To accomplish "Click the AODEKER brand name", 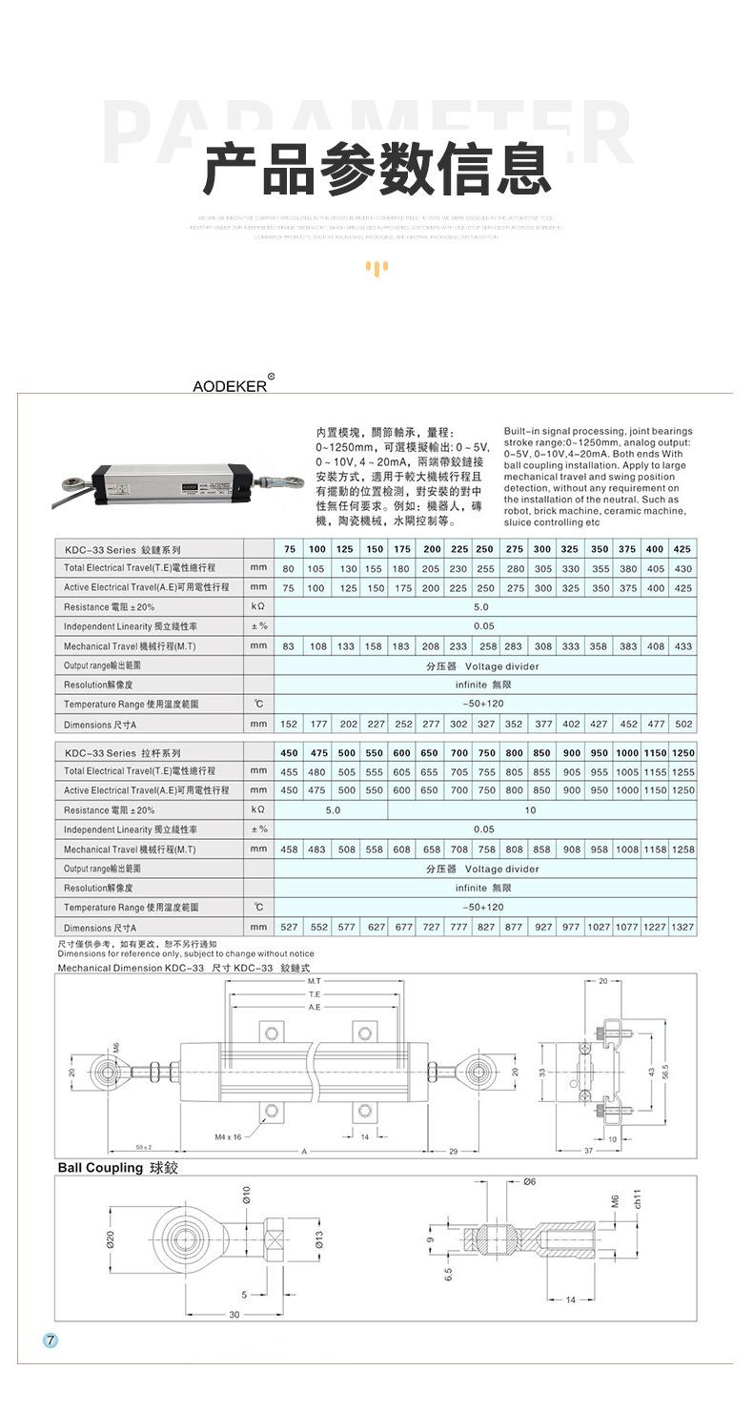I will (x=229, y=386).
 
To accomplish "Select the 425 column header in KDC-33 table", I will (x=682, y=549).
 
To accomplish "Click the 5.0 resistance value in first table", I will (x=480, y=607).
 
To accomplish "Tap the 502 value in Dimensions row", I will (x=682, y=725).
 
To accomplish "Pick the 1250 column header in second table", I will (x=682, y=752).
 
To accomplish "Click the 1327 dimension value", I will (x=682, y=927).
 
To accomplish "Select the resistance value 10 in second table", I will (x=530, y=810).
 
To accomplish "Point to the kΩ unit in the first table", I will (x=258, y=607).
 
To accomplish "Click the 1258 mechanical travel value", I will (x=682, y=849).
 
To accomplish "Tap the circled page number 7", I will (x=51, y=1339).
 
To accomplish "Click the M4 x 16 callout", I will (x=228, y=1136).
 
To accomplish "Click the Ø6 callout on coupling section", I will (x=530, y=1181).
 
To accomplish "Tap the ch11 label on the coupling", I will (x=638, y=1199).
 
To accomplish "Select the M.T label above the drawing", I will (x=315, y=981).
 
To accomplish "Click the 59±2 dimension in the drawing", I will (x=144, y=1147).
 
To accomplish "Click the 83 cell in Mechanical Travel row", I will (x=289, y=646).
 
